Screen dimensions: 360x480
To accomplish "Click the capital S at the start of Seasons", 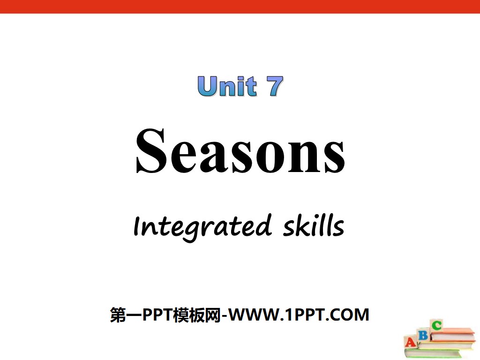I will pyautogui.click(x=151, y=151).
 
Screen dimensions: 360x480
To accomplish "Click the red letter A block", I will pyautogui.click(x=411, y=342).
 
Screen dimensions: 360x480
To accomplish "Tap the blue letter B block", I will pyautogui.click(x=423, y=335).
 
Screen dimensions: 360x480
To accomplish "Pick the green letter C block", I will pyautogui.click(x=436, y=325).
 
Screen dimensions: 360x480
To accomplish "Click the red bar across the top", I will pyautogui.click(x=240, y=6).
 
